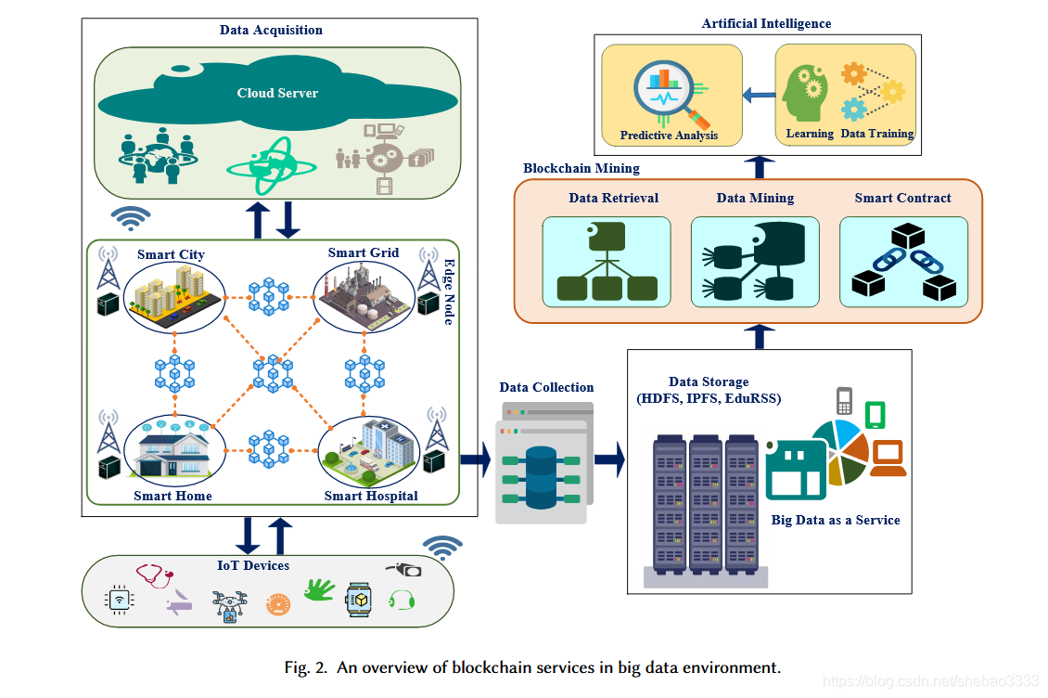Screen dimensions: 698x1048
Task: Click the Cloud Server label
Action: [x=277, y=93]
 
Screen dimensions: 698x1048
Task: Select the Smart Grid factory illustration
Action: [x=364, y=296]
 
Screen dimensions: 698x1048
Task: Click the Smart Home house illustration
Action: [x=174, y=450]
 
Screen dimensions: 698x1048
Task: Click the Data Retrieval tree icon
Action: [x=607, y=264]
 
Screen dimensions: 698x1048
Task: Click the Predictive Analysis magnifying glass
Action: [x=671, y=96]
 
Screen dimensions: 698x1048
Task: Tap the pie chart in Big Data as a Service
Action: [x=839, y=450]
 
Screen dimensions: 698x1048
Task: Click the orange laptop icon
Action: [x=888, y=458]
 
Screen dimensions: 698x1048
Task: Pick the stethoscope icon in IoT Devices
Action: [x=154, y=576]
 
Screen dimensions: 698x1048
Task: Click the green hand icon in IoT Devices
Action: [x=320, y=589]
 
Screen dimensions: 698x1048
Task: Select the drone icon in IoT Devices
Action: [x=230, y=605]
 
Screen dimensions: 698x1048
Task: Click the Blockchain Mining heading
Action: [x=582, y=168]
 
